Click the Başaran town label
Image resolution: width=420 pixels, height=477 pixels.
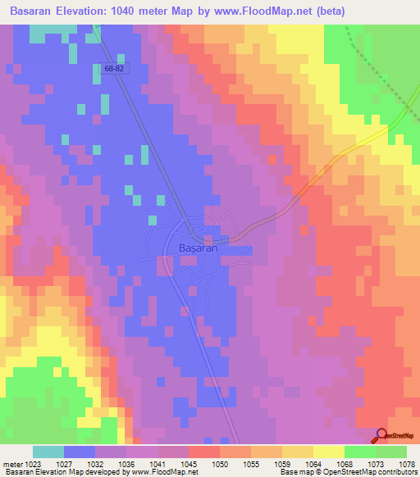[198, 248]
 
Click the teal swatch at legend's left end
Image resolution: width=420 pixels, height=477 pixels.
[48, 452]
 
